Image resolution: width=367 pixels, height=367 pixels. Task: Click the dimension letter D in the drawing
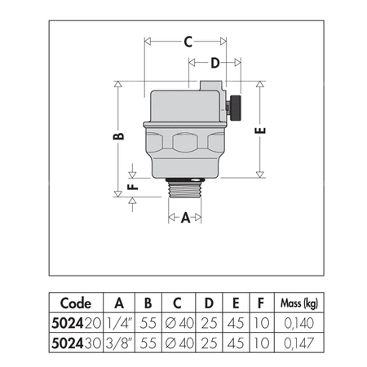click(215, 63)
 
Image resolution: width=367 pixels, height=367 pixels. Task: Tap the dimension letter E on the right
click(259, 130)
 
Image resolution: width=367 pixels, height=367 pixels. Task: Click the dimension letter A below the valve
click(186, 218)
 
